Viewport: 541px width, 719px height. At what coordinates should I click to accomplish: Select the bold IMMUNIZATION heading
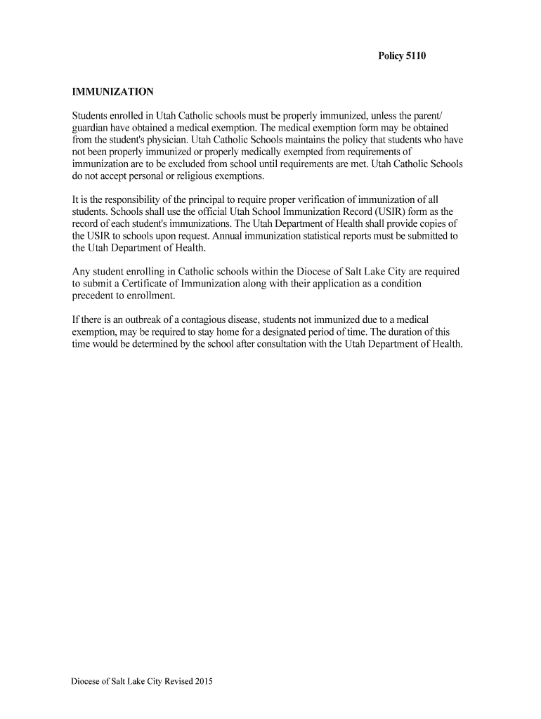(113, 92)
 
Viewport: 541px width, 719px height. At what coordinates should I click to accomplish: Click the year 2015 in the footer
(203, 681)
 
